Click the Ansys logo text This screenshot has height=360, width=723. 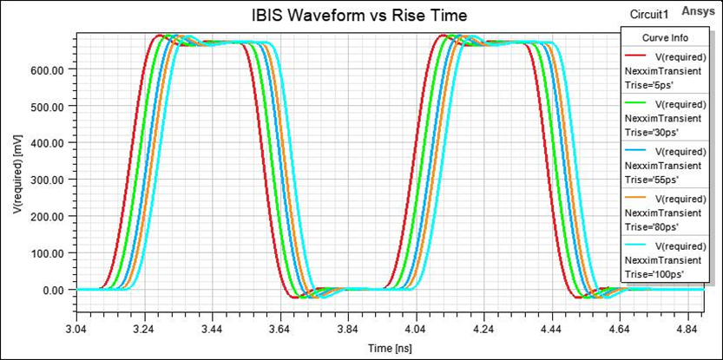tap(699, 11)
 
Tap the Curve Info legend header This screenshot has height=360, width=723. tap(667, 37)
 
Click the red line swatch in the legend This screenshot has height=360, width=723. tap(639, 53)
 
